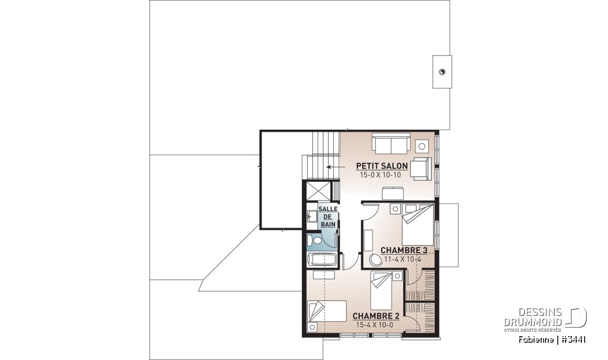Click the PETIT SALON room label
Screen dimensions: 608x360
point(382,166)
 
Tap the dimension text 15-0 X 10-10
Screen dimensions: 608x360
point(381,175)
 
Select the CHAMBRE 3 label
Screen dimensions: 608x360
point(404,250)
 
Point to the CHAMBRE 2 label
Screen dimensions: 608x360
point(376,316)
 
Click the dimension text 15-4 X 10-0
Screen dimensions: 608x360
point(374,325)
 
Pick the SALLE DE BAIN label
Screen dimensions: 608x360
point(328,217)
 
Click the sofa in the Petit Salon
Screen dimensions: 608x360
point(391,143)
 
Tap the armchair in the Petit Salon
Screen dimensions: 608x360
point(421,169)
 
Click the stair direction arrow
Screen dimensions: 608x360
point(335,167)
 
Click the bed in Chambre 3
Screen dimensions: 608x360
point(417,225)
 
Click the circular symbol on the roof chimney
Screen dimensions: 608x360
point(442,72)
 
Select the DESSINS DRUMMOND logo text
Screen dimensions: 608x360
point(533,317)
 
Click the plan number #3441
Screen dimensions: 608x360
point(573,340)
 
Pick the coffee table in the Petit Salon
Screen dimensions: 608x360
point(393,193)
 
